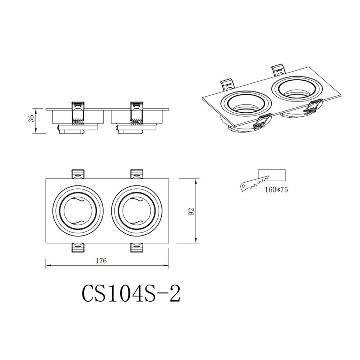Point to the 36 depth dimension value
pyautogui.click(x=31, y=118)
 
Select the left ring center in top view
pyautogui.click(x=79, y=211)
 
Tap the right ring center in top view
pyautogui.click(x=137, y=211)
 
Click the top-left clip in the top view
pyautogui.click(x=79, y=174)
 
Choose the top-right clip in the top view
pyautogui.click(x=137, y=174)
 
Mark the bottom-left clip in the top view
pyautogui.click(x=79, y=248)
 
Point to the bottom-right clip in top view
pyautogui.click(x=137, y=248)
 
